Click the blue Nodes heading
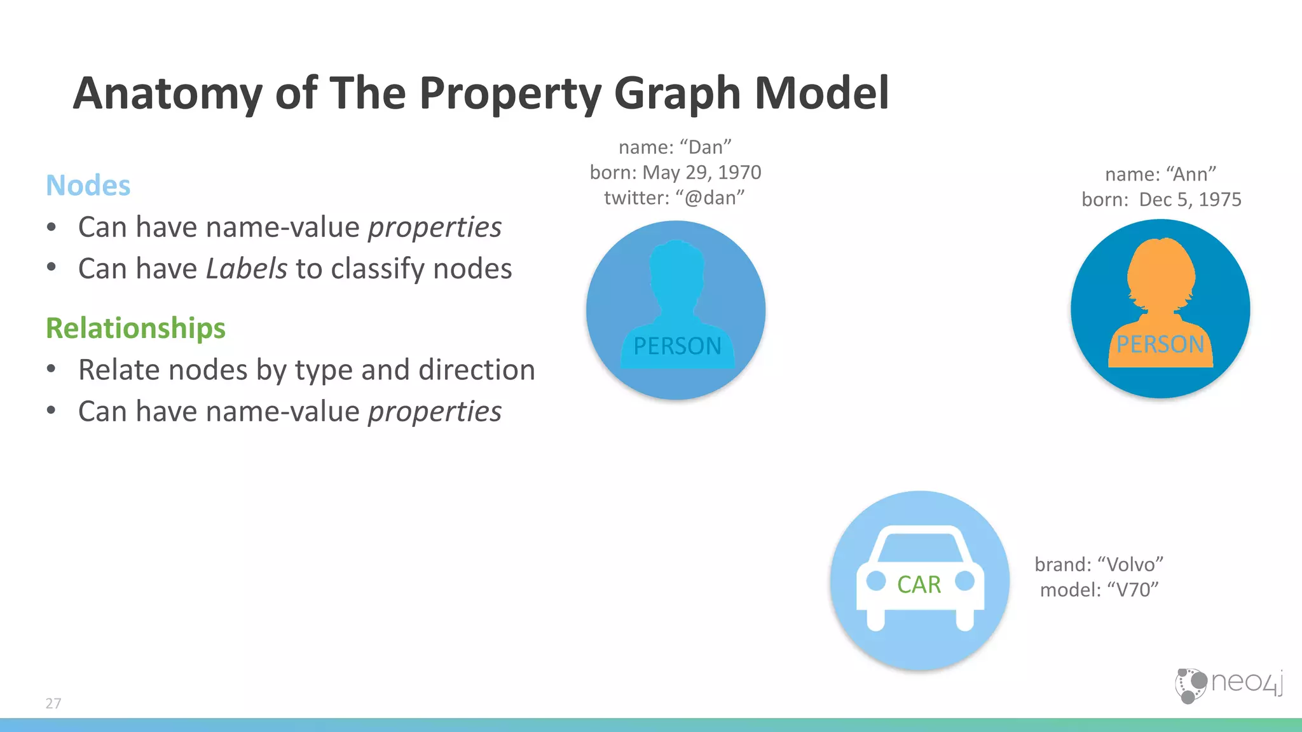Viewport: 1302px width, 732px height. pos(88,186)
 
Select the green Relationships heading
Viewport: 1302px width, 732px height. pos(135,329)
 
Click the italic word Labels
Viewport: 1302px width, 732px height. pos(247,269)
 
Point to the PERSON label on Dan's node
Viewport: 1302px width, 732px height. pos(677,346)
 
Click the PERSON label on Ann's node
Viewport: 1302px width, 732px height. pos(1160,344)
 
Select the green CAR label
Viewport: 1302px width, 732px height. pos(919,585)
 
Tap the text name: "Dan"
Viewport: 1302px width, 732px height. pos(675,147)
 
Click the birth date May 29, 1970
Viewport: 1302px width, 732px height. pos(702,173)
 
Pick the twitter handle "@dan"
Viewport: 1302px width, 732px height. pos(710,198)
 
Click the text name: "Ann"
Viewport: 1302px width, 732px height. pos(1160,174)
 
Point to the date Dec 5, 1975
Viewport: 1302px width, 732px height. pos(1190,200)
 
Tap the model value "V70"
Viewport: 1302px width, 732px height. pos(1133,590)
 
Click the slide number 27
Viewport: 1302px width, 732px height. pos(53,703)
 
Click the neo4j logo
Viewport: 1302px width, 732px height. pos(1228,684)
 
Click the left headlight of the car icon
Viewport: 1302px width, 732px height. pos(876,581)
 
